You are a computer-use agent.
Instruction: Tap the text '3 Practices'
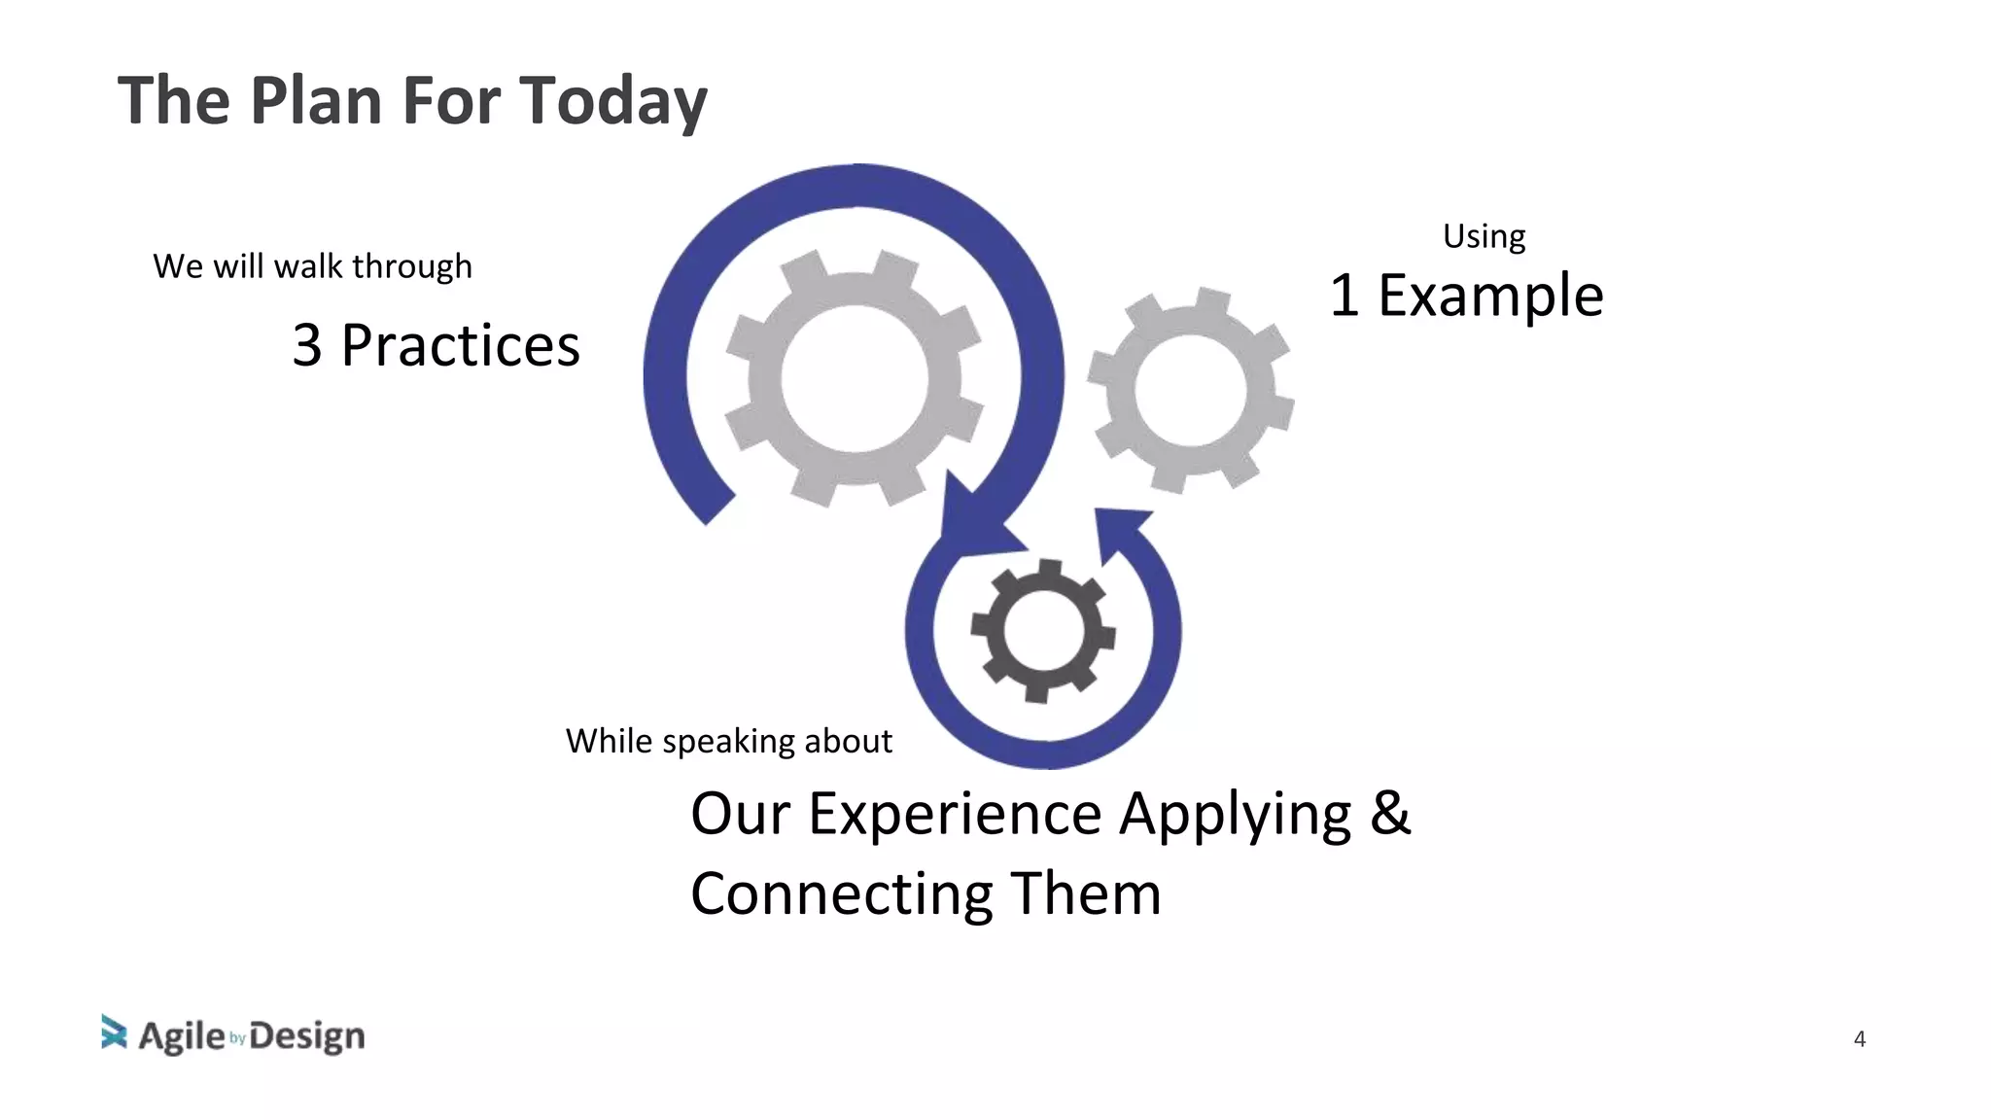tap(436, 345)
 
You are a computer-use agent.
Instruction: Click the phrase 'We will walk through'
tap(312, 266)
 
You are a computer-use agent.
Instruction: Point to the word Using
tap(1484, 236)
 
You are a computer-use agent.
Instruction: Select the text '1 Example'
tap(1466, 296)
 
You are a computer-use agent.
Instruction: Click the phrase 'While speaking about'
tap(728, 741)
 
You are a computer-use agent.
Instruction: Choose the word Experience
tap(955, 814)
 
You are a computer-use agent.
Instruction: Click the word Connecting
tap(842, 894)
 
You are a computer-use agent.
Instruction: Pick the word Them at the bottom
tap(1086, 894)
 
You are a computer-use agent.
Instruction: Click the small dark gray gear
tap(1043, 631)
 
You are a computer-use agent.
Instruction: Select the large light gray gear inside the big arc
tap(854, 378)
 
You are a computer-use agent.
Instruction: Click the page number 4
tap(1859, 1039)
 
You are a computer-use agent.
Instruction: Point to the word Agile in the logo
tap(182, 1036)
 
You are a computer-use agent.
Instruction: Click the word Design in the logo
tap(307, 1036)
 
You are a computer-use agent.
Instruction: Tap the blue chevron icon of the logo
tap(114, 1032)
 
